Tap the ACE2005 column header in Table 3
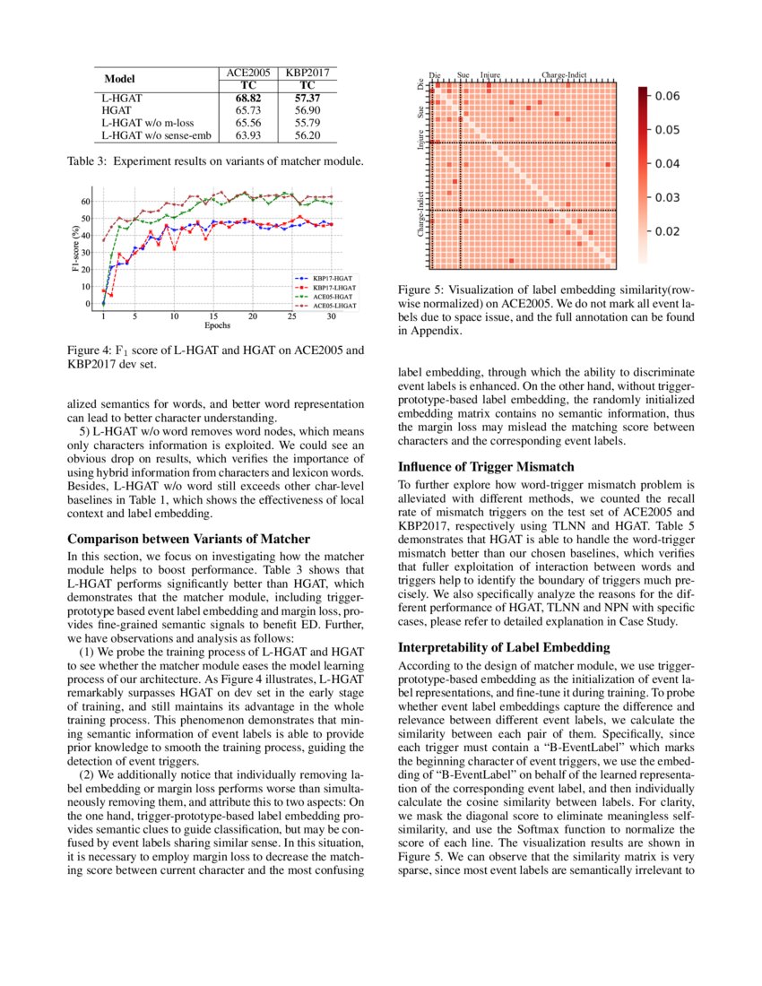coord(247,72)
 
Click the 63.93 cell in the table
coord(247,135)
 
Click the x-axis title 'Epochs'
coord(219,325)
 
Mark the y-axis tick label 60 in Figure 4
coord(85,201)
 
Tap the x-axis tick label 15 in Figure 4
coord(213,316)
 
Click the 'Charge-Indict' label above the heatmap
coord(565,76)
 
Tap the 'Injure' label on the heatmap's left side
coord(420,142)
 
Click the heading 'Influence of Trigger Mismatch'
coord(485,467)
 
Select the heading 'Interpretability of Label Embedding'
coord(504,647)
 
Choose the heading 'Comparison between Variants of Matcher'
coord(189,539)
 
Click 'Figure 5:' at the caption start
coord(420,290)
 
